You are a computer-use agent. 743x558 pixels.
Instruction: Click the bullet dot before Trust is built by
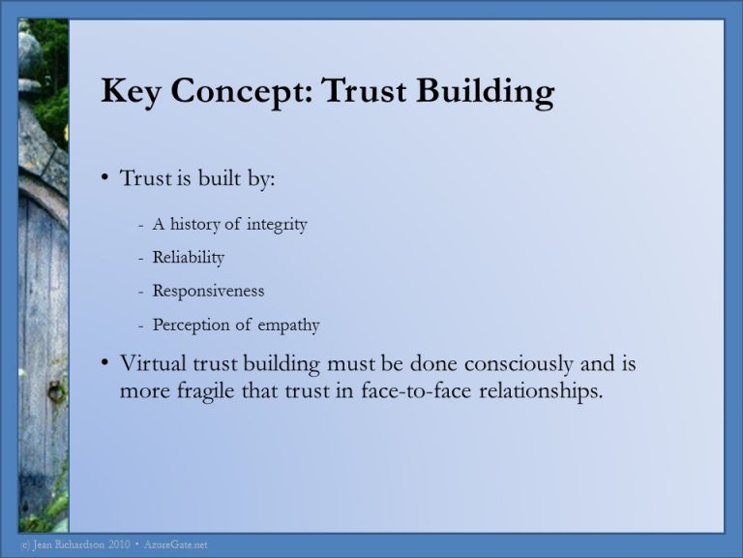tap(105, 179)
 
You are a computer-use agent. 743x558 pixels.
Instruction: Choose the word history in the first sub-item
tap(196, 225)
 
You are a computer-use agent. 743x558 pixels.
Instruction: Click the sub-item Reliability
tap(189, 258)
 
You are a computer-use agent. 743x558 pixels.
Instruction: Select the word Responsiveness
tap(208, 291)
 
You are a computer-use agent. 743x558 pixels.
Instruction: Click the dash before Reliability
tap(141, 258)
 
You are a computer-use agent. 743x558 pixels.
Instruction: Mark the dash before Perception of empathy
tap(141, 325)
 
